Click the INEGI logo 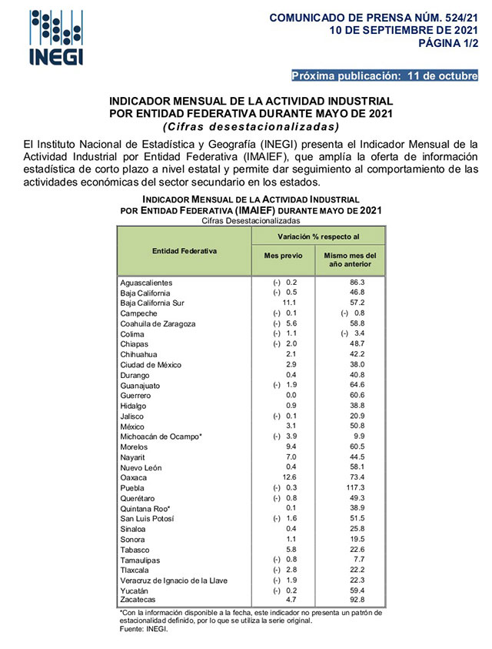pyautogui.click(x=56, y=38)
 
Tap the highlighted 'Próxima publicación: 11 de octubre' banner pyautogui.click(x=384, y=75)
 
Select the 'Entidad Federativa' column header pyautogui.click(x=184, y=251)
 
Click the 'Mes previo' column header pyautogui.click(x=284, y=256)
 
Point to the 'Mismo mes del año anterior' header pyautogui.click(x=351, y=259)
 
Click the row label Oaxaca pyautogui.click(x=134, y=478)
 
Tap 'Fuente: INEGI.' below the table pyautogui.click(x=143, y=629)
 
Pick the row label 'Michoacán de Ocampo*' pyautogui.click(x=161, y=437)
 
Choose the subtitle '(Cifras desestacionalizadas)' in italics pyautogui.click(x=251, y=126)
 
